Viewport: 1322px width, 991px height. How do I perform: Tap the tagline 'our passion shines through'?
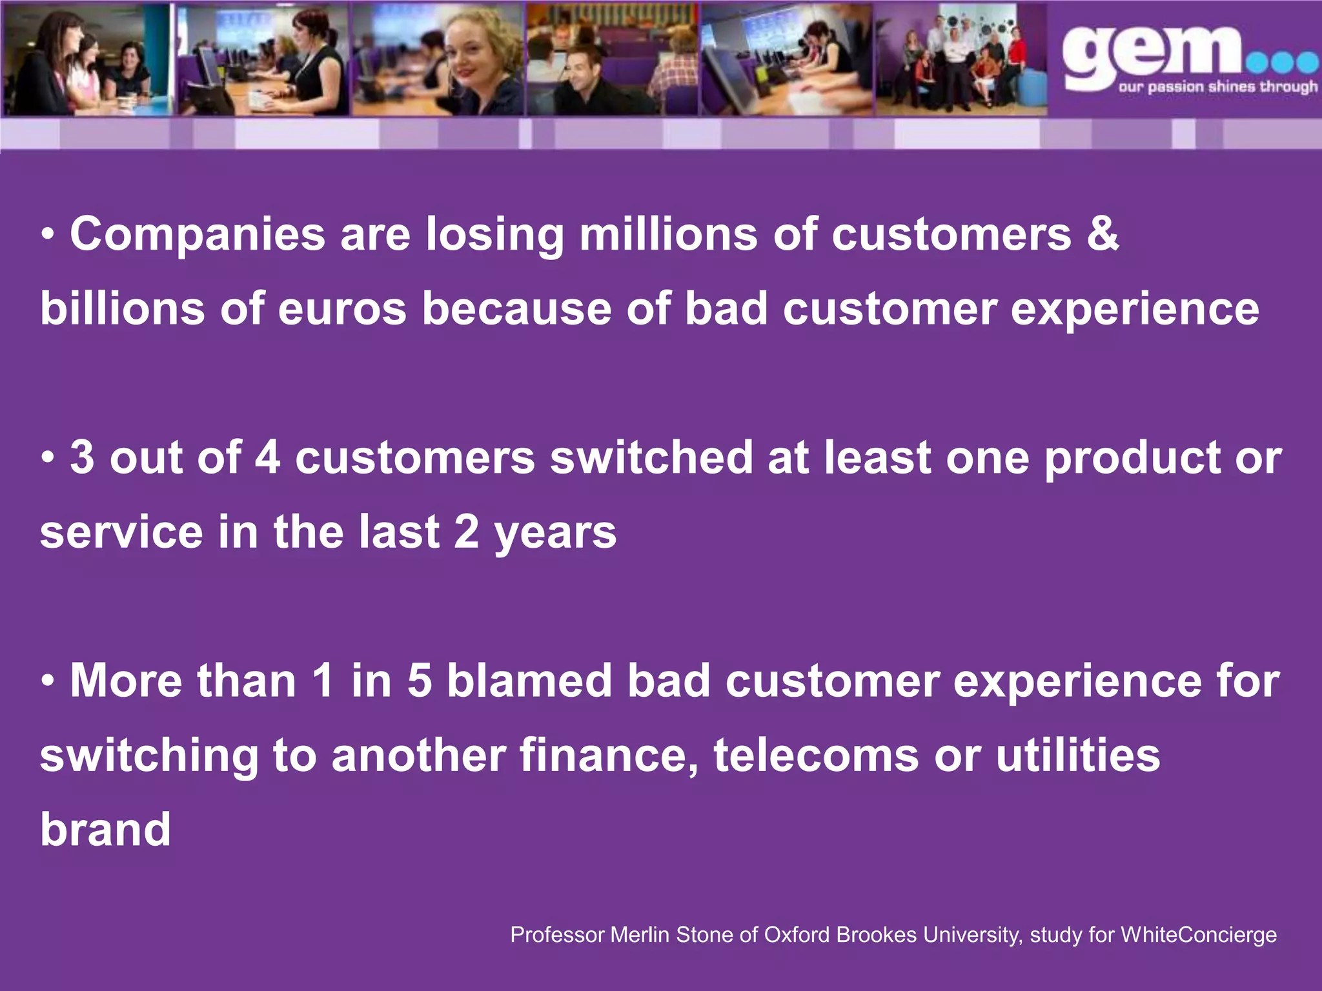(x=1217, y=86)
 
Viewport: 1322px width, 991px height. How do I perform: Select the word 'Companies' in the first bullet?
(x=198, y=235)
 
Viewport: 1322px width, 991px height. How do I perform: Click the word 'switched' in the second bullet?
(x=651, y=457)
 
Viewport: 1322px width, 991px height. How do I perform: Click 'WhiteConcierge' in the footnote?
(x=1198, y=935)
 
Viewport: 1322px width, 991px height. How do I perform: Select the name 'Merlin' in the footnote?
(x=640, y=935)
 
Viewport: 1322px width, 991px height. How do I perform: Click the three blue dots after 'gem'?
(x=1283, y=63)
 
